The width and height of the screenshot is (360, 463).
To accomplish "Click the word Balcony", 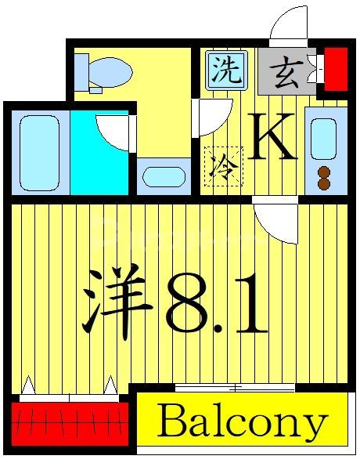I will coord(241,423).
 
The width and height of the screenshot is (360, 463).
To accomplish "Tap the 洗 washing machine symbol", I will coord(228,71).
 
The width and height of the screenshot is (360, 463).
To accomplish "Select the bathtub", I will coord(38,152).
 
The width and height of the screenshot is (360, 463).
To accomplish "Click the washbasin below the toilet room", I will coord(164,175).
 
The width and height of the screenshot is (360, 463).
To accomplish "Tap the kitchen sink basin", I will coord(323,139).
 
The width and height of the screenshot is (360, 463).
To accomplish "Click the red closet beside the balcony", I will coord(69,422).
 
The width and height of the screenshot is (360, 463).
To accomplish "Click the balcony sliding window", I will coord(234,387).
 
